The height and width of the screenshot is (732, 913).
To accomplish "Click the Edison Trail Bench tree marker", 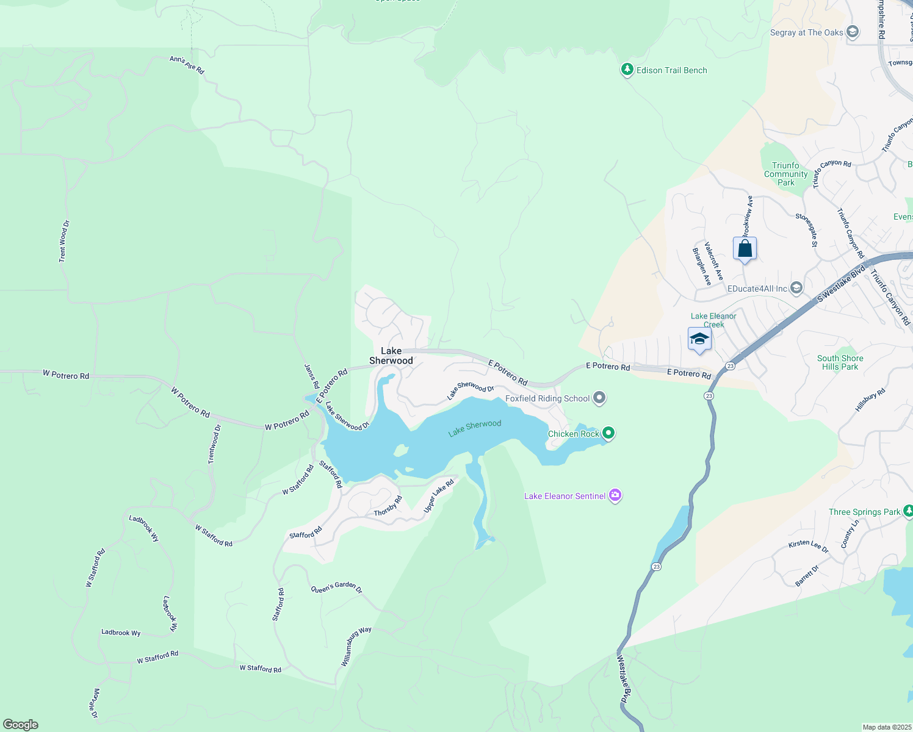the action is (627, 70).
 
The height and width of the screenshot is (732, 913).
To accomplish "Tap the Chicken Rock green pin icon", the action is (608, 433).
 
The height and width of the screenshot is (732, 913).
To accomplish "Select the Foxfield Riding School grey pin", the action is (599, 398).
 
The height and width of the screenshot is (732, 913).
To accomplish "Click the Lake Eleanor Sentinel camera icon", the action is (615, 495).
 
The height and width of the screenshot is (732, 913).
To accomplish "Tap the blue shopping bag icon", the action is (745, 249).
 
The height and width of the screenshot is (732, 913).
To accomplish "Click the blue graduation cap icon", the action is (699, 339).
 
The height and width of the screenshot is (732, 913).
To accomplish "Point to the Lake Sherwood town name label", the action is (391, 356).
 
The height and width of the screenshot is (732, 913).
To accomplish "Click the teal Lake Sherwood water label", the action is (475, 428).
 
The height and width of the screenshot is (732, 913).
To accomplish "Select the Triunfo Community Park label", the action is (785, 174).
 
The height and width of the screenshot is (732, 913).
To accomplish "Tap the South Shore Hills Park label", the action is (840, 362).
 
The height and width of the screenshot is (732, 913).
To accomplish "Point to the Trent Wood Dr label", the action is (64, 242).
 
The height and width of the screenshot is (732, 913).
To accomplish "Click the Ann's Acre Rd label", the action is (187, 65).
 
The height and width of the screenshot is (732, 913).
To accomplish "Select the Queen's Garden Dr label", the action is (337, 587).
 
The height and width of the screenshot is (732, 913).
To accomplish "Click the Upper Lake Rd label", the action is (439, 496).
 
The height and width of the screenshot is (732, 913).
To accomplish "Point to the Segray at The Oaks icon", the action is (853, 32).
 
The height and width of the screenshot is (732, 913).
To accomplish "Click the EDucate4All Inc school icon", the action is (796, 288).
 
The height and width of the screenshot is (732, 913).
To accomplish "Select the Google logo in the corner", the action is (21, 725).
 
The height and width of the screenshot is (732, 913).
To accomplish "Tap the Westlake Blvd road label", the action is (622, 679).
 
